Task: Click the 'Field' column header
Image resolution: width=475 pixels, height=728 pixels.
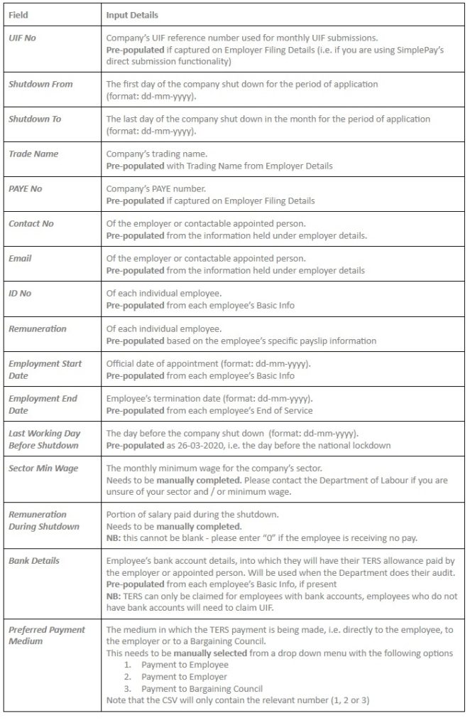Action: pyautogui.click(x=18, y=14)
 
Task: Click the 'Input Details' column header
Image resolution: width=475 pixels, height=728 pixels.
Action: pyautogui.click(x=132, y=14)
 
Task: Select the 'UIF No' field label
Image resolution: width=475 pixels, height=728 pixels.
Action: pyautogui.click(x=22, y=38)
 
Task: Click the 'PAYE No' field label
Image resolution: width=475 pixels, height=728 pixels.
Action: pyautogui.click(x=26, y=188)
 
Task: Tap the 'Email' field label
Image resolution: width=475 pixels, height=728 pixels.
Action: pyautogui.click(x=20, y=258)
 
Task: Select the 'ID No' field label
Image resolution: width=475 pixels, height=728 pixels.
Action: pyautogui.click(x=20, y=293)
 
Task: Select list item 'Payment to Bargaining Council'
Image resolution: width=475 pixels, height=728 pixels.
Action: pyautogui.click(x=202, y=688)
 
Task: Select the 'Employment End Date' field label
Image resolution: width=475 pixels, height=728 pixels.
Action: pyautogui.click(x=43, y=404)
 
